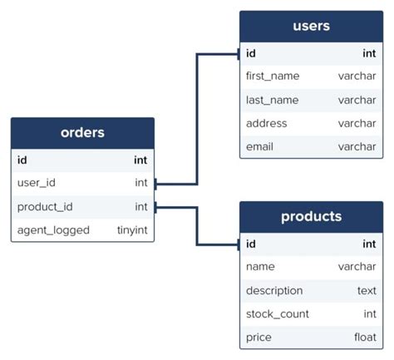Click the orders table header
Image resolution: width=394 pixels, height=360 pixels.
pos(82,133)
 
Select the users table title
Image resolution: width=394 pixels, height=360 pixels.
pos(311,26)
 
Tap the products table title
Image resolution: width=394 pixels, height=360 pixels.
pos(311,216)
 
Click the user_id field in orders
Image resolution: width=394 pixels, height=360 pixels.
pos(37,182)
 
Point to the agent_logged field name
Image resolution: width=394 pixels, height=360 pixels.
pos(53,229)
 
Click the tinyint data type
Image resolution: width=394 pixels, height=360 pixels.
pos(133,229)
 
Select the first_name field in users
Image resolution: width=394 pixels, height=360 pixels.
pos(273,76)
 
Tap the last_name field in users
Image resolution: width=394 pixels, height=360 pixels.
pos(272,100)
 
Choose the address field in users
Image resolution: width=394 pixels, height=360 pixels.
pos(267,123)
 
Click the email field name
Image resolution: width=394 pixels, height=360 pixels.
pos(260,146)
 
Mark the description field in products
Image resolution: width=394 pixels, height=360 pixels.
pos(274,290)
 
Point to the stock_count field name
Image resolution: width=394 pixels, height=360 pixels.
pos(278,313)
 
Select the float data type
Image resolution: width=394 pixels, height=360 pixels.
pos(363,337)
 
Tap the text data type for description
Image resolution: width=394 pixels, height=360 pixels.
pos(366,290)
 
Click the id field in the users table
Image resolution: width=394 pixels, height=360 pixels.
pos(251,53)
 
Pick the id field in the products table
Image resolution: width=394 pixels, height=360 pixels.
pos(251,244)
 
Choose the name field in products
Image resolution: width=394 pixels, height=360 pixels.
pos(260,267)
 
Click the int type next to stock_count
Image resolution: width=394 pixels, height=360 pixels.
pos(369,313)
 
